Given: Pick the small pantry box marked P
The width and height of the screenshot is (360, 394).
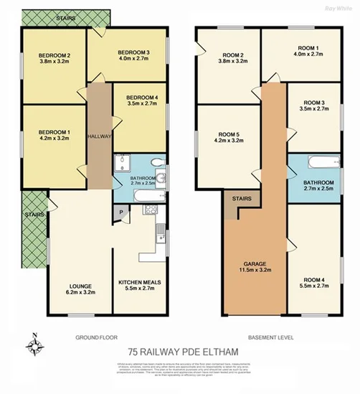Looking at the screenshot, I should (121, 212).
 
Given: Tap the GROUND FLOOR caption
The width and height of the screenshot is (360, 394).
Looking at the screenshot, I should (96, 337).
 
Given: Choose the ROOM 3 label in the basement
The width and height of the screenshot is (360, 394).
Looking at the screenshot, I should (313, 102).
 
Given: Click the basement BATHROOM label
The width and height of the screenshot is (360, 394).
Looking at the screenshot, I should (318, 182).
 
